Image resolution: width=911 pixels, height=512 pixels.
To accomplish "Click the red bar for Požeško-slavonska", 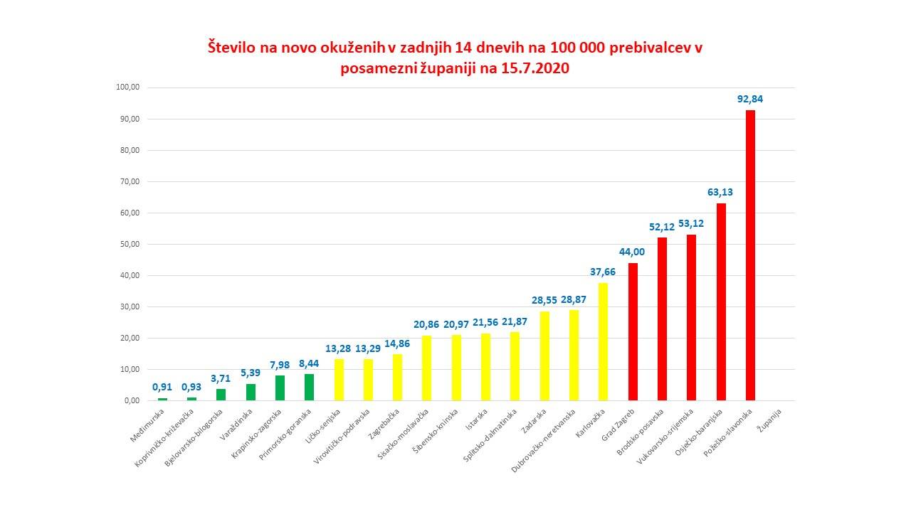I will [x=749, y=255].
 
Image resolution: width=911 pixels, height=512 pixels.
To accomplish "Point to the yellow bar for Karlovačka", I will [x=603, y=341].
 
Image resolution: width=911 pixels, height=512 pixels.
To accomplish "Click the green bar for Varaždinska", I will [x=251, y=392].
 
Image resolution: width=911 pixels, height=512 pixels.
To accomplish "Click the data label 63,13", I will [x=720, y=192].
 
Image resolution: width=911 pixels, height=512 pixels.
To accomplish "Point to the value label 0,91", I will [x=162, y=388].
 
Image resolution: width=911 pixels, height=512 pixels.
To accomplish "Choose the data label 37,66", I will [x=603, y=272].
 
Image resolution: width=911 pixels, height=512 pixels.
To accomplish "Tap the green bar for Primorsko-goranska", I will [x=309, y=387].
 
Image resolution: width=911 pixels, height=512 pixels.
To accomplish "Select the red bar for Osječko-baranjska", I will [x=720, y=302].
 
